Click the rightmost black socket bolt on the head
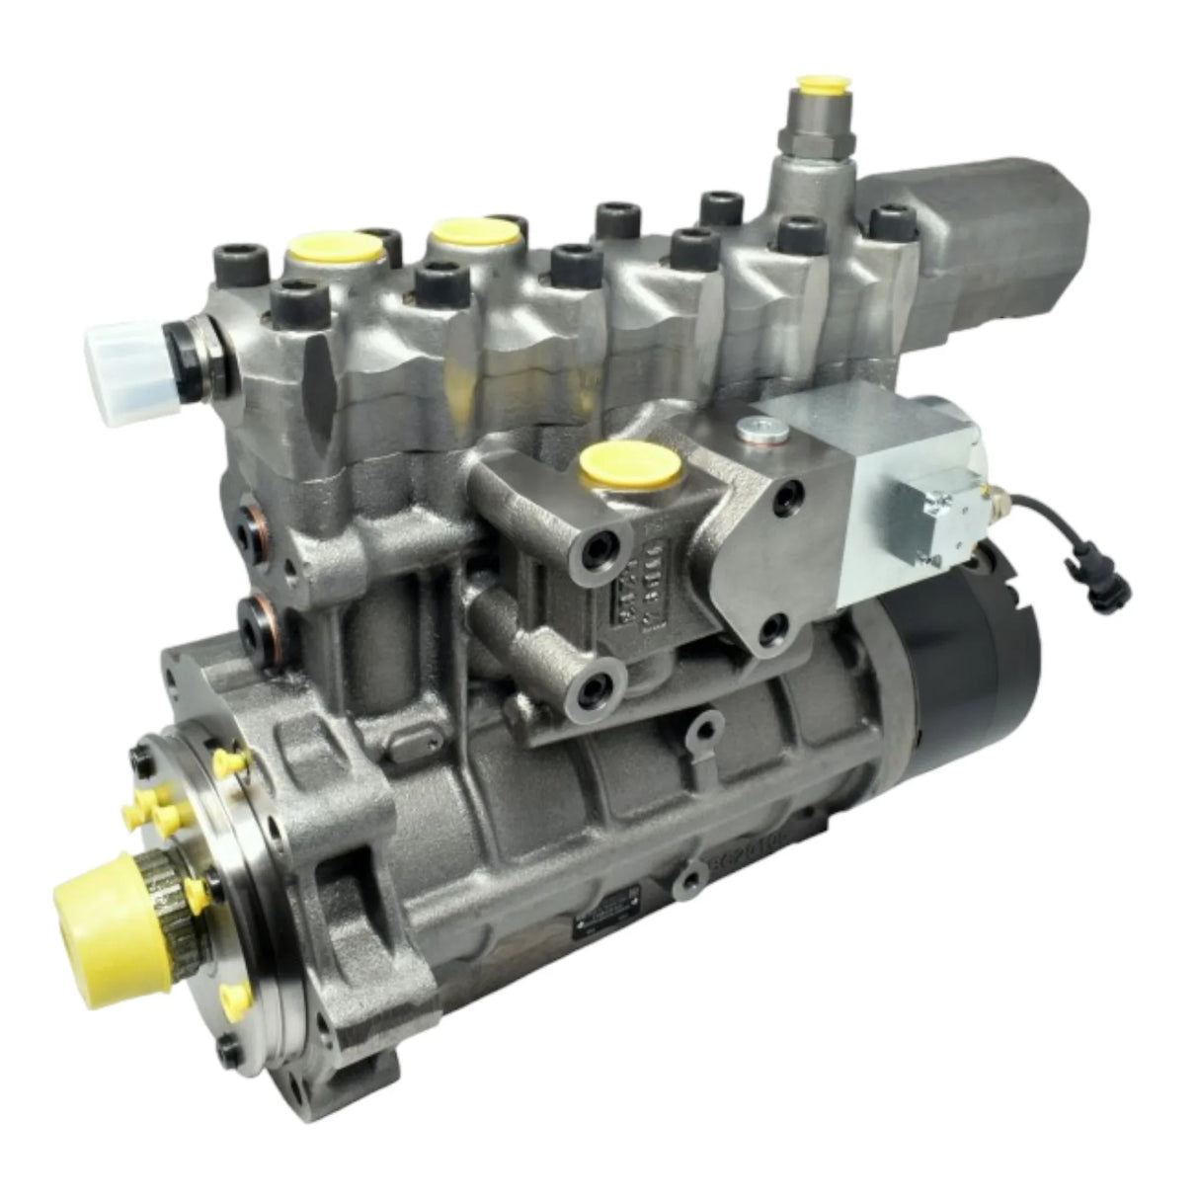pos(893,218)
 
